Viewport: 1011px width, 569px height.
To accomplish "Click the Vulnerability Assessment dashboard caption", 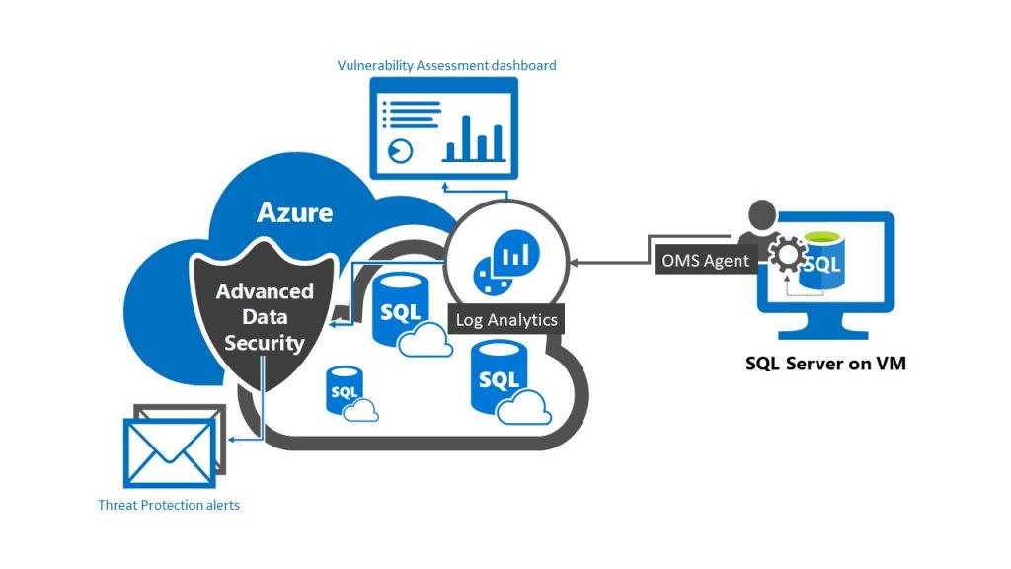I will (447, 65).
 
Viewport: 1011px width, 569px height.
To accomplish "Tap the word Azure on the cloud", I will (294, 211).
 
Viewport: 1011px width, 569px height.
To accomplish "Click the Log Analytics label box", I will (506, 320).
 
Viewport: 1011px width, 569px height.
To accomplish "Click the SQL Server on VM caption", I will (825, 364).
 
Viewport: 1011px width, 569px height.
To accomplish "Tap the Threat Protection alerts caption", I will (169, 505).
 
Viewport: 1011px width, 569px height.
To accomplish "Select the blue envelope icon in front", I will (169, 453).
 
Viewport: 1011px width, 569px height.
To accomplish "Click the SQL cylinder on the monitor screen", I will (822, 260).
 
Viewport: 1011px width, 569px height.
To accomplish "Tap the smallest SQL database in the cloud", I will (345, 389).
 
